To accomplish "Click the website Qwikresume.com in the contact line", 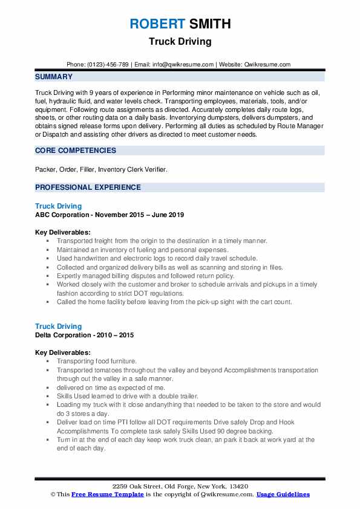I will click(x=269, y=64).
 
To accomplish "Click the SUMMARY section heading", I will click(x=54, y=77).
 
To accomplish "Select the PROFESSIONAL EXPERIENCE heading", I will click(x=88, y=187).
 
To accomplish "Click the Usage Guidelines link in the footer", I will click(x=283, y=494).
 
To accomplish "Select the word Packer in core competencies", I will click(x=46, y=170).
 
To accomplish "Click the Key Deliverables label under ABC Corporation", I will click(x=63, y=232).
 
